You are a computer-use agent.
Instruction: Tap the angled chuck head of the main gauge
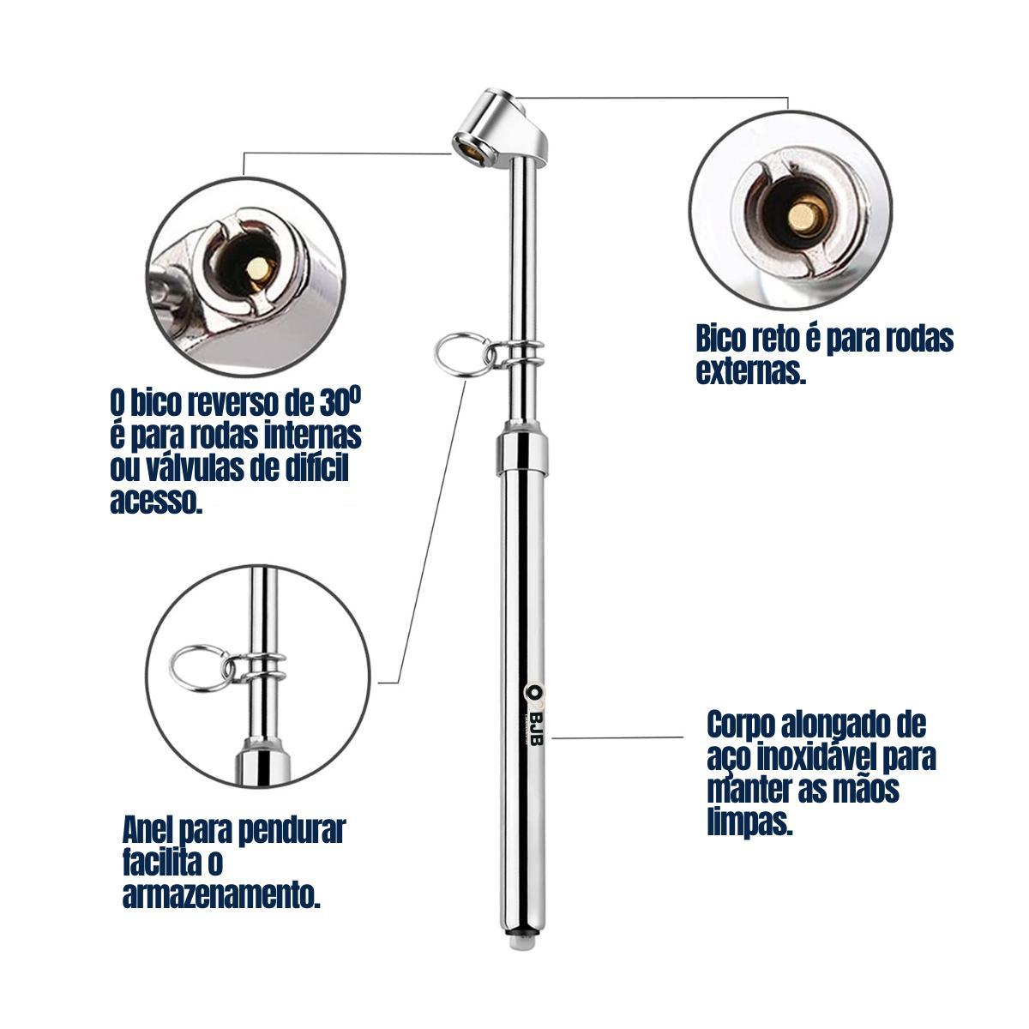click(499, 128)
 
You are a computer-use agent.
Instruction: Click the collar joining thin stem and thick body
click(522, 454)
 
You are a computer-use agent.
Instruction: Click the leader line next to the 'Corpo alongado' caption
click(617, 737)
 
